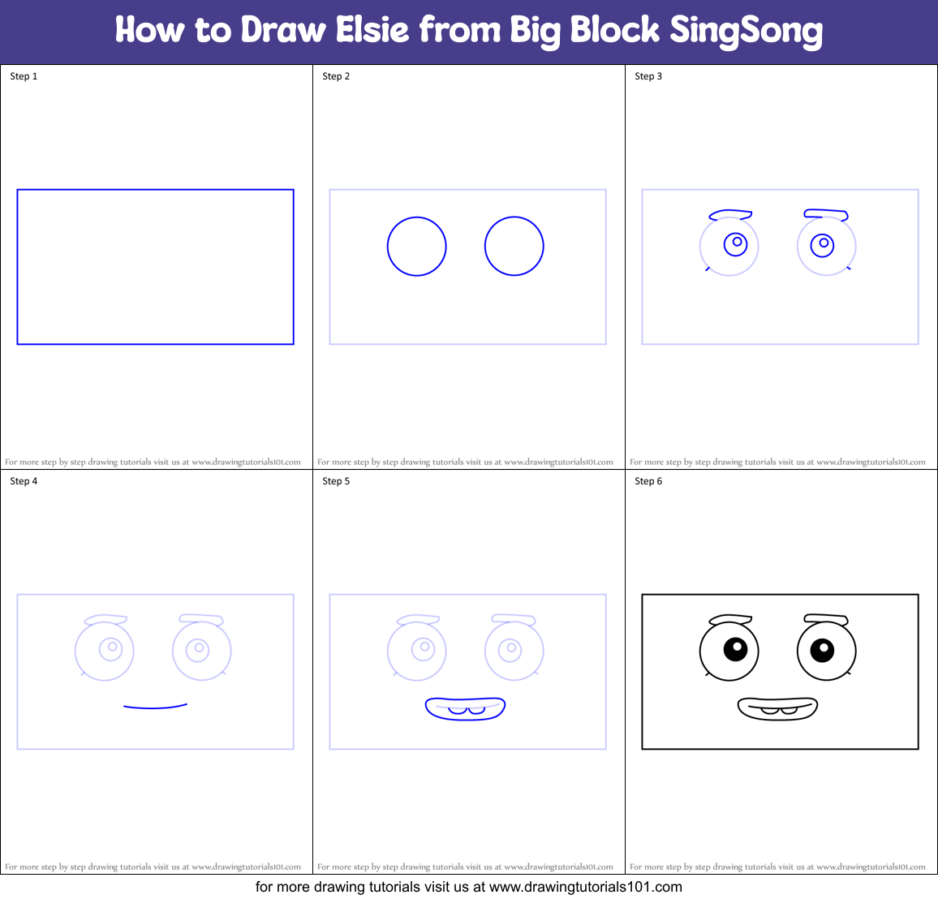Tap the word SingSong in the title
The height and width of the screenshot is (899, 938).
pos(746,32)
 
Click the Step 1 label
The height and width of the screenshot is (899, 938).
pos(24,76)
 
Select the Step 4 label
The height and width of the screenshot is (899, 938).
pos(24,481)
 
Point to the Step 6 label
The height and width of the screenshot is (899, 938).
pos(648,481)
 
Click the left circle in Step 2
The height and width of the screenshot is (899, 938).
pos(417,246)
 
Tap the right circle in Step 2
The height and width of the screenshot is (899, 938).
pos(514,246)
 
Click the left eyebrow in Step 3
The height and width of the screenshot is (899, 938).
pos(730,215)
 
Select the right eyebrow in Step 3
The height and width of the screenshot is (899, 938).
pos(826,214)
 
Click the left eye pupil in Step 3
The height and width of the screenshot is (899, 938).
pos(736,243)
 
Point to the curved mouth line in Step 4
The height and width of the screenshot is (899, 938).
pos(155,707)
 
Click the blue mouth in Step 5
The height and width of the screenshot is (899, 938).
pos(466,708)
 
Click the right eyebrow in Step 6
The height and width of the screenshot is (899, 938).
pos(826,619)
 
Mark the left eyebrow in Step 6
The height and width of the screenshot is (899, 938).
pos(730,620)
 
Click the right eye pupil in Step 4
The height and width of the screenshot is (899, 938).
pos(197,649)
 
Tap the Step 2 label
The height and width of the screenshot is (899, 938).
pos(336,76)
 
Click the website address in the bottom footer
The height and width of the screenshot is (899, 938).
pos(585,887)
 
